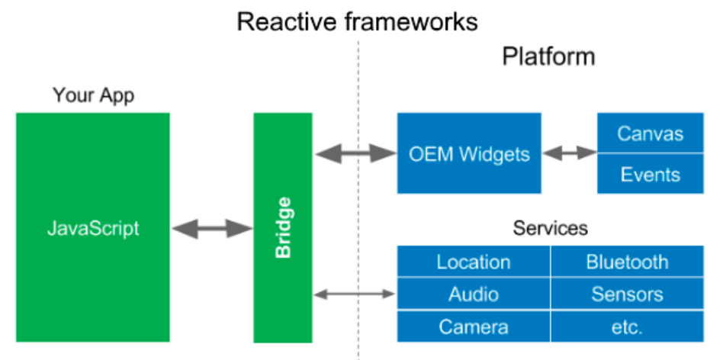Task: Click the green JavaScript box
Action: click(x=92, y=227)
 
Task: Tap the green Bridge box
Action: click(x=283, y=227)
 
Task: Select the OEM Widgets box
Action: click(x=469, y=153)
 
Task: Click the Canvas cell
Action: click(x=650, y=133)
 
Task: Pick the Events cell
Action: click(x=650, y=174)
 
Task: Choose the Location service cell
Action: click(x=473, y=262)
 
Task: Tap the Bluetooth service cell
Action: click(x=627, y=262)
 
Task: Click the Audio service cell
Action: click(x=473, y=294)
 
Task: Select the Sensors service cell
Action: click(x=627, y=294)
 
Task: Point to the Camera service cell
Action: click(x=473, y=327)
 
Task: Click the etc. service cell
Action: click(x=627, y=327)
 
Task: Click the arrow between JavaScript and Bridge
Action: click(x=212, y=227)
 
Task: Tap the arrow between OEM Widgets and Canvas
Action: click(x=569, y=153)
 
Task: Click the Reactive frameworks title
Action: click(x=357, y=21)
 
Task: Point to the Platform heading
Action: click(x=548, y=56)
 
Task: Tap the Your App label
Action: click(x=93, y=96)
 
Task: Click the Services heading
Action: click(x=550, y=227)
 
